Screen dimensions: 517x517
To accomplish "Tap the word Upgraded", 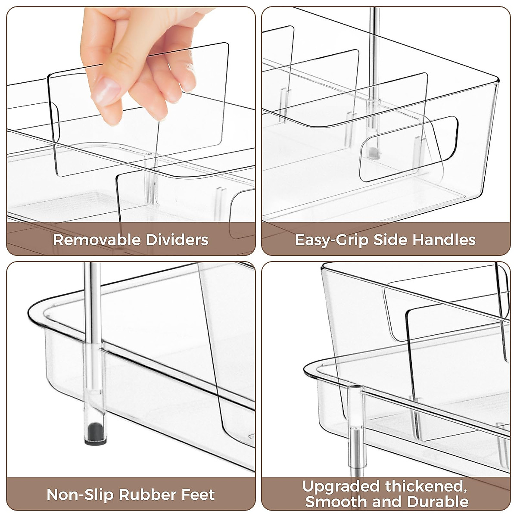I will (341, 486).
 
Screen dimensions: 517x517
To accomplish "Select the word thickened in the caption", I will (426, 486).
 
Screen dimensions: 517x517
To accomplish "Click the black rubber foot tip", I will (94, 431).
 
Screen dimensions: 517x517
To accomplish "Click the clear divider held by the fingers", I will (190, 129).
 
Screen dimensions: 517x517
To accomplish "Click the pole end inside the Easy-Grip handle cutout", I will (373, 152).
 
